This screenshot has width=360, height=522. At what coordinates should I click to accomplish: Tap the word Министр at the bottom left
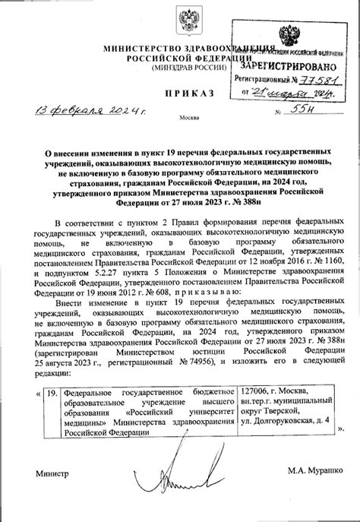click(x=52, y=473)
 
